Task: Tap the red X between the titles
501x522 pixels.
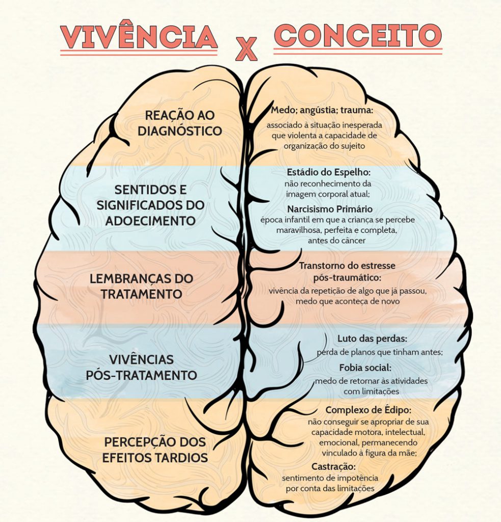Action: [x=246, y=49]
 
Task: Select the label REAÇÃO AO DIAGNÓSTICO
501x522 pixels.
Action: [x=180, y=123]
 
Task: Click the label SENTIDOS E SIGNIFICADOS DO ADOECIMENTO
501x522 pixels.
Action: [x=150, y=205]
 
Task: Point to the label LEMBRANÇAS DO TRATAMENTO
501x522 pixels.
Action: [x=142, y=286]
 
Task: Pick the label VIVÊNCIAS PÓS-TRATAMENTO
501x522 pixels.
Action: [x=142, y=367]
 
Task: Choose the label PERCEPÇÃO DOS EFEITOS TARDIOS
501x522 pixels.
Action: [x=155, y=450]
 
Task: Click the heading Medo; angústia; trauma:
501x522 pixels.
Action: [x=322, y=110]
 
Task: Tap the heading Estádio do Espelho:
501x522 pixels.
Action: [x=329, y=172]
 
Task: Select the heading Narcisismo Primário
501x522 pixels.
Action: [x=330, y=209]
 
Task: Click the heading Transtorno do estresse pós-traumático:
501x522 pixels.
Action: [x=347, y=271]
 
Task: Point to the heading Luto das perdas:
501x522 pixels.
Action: [x=373, y=338]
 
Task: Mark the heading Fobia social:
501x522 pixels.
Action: [x=365, y=368]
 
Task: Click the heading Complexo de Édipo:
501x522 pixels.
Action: [x=368, y=409]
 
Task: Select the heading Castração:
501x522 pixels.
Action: [x=334, y=466]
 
